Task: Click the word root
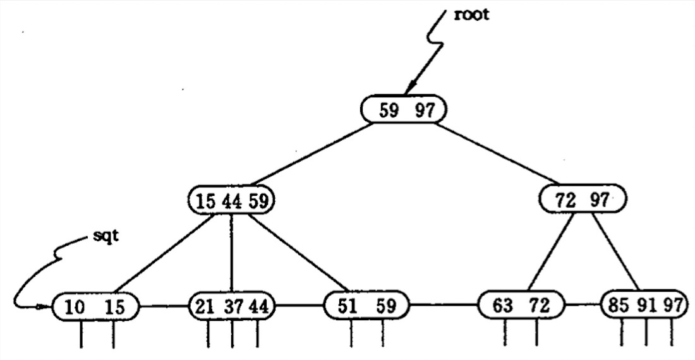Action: (x=472, y=15)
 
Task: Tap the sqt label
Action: (x=106, y=236)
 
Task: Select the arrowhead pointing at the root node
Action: (x=411, y=87)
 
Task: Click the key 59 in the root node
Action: (x=389, y=111)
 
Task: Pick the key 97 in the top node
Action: (x=425, y=111)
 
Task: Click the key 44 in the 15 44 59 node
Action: (x=232, y=201)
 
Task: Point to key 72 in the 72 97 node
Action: (x=565, y=201)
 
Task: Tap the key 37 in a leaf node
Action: (x=233, y=306)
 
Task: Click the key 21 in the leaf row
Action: (x=204, y=306)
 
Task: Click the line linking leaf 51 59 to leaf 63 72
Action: (x=444, y=304)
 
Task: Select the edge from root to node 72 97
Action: (x=497, y=153)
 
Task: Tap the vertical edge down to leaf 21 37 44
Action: (x=231, y=253)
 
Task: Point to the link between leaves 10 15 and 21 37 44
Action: (x=164, y=306)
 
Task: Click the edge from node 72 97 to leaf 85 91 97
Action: (x=615, y=251)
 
